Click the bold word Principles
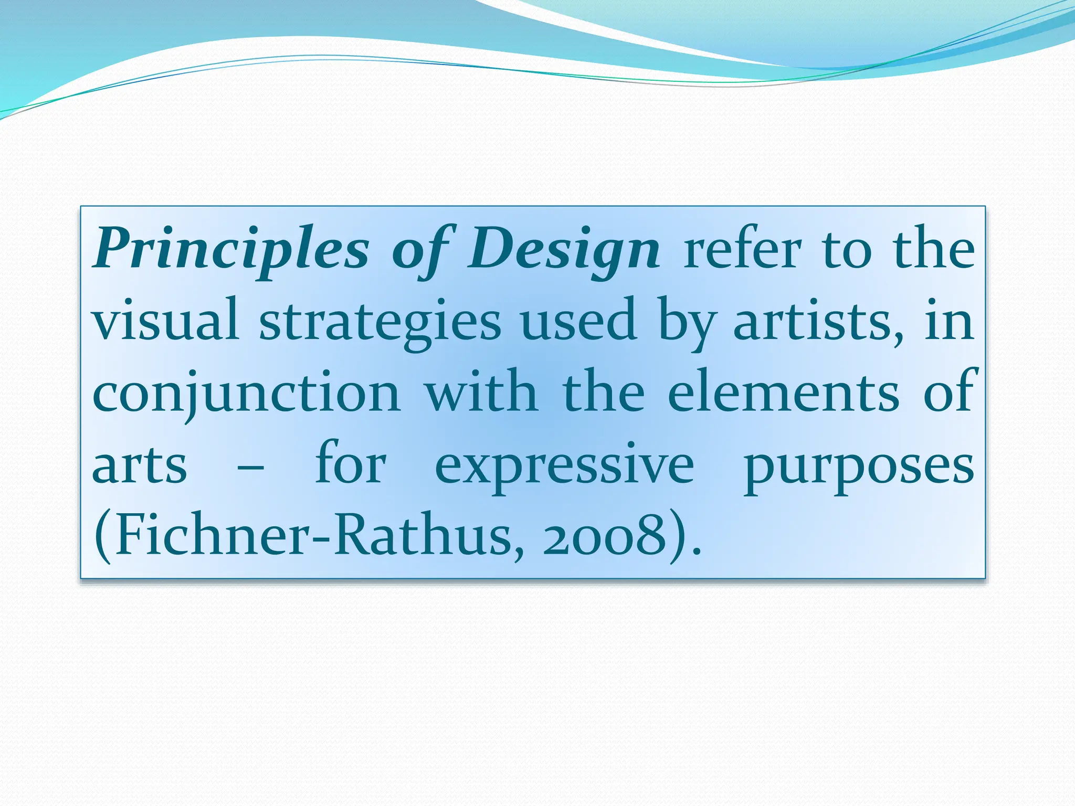click(231, 250)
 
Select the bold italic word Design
click(564, 250)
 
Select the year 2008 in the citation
click(604, 537)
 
